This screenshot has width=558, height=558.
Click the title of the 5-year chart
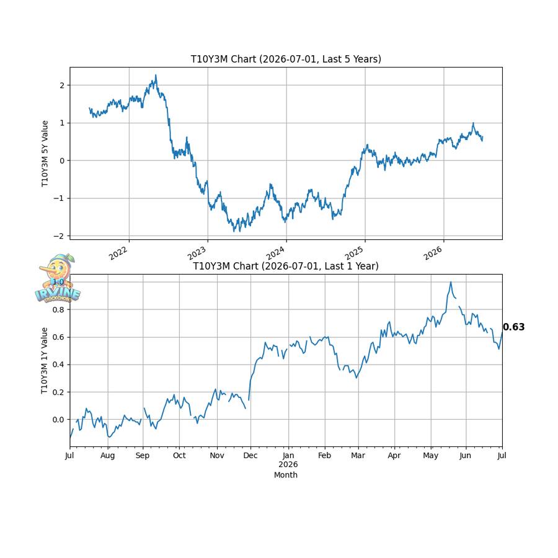click(x=286, y=59)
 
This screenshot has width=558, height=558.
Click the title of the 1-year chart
click(x=286, y=266)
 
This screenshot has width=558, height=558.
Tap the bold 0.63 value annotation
click(x=513, y=327)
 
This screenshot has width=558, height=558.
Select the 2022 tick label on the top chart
click(x=118, y=253)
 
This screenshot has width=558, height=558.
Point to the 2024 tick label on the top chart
click(x=275, y=253)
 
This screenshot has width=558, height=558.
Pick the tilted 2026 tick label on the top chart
click(x=432, y=253)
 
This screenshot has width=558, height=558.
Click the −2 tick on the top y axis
click(x=59, y=236)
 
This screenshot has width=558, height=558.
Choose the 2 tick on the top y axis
click(x=62, y=86)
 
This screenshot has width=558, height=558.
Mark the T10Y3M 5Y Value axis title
click(x=45, y=153)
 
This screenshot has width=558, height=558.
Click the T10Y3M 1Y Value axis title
click(x=45, y=360)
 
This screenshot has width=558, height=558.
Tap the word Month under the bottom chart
click(x=286, y=475)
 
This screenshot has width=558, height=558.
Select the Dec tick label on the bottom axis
click(x=250, y=456)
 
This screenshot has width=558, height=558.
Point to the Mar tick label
click(x=358, y=456)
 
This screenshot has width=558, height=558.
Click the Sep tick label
click(x=143, y=456)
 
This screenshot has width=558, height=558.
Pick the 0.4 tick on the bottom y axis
click(x=58, y=365)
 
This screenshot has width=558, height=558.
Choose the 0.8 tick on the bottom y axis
click(x=58, y=309)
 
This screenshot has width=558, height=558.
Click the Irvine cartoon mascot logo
click(x=58, y=278)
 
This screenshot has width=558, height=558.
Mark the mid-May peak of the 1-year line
click(x=451, y=282)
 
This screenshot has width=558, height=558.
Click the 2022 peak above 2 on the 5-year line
click(x=156, y=76)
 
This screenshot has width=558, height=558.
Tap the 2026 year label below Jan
click(x=288, y=464)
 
